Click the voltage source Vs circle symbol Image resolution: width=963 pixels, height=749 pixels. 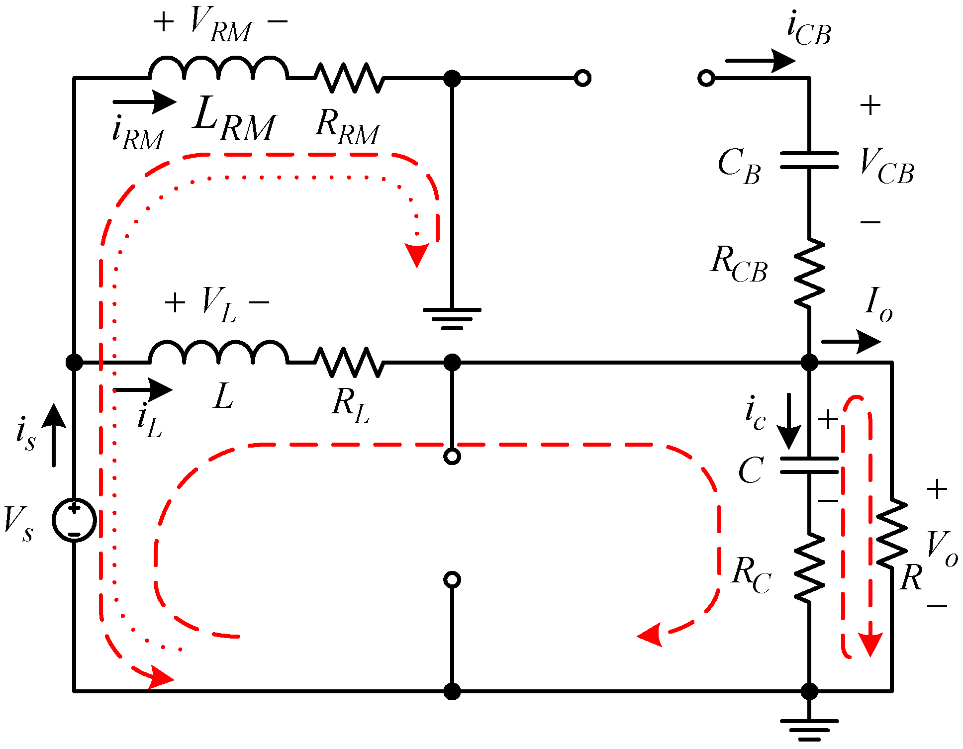[74, 520]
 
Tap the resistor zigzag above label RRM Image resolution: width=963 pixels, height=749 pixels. [349, 78]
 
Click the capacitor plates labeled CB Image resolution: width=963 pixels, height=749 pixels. [809, 160]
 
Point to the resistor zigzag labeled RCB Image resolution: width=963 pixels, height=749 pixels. [809, 273]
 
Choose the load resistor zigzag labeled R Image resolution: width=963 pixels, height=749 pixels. [892, 533]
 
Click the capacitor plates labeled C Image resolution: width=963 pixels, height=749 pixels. [809, 465]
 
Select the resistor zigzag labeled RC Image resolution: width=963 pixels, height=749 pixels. [809, 567]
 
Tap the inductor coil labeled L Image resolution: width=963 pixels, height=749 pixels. [218, 353]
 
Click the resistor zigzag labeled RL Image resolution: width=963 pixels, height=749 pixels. [349, 362]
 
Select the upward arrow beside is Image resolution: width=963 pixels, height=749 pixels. [54, 435]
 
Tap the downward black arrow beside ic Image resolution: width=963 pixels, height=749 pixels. [789, 421]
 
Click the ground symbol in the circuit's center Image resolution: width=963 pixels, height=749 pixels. [452, 318]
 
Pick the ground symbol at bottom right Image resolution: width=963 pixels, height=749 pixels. [809, 729]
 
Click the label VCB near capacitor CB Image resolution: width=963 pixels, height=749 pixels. [887, 167]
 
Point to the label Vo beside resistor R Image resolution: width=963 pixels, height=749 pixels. [942, 548]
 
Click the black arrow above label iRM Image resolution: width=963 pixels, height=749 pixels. [144, 102]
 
